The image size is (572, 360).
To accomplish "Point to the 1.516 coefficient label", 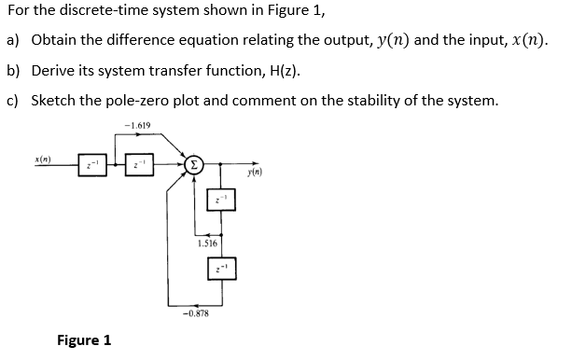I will tap(206, 243).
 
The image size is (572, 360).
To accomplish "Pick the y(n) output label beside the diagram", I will tap(258, 173).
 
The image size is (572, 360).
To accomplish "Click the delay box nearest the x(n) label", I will tap(91, 167).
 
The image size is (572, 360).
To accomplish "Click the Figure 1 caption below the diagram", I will tap(84, 339).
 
